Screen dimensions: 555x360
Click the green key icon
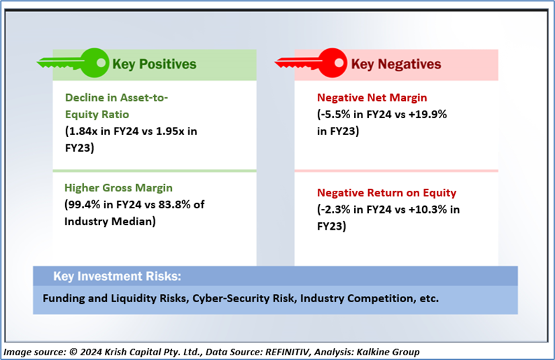(74, 63)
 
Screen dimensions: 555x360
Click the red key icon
(311, 63)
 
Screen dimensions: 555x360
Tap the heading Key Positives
(155, 64)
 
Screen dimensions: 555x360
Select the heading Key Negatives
(396, 64)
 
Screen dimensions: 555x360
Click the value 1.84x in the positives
(83, 131)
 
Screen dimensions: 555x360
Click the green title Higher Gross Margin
(118, 187)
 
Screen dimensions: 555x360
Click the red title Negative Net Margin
(372, 97)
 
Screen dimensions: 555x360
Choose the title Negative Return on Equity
(386, 193)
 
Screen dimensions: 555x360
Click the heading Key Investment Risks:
(117, 276)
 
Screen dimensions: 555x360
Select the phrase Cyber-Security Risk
(243, 298)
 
